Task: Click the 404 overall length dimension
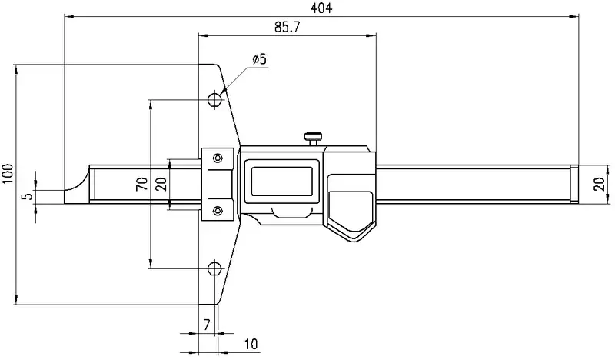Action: (x=321, y=8)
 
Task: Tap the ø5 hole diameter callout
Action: (x=259, y=59)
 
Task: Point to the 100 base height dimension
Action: (x=8, y=173)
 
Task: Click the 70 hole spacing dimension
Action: (x=142, y=184)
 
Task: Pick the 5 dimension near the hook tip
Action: (x=29, y=195)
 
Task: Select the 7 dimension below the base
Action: (x=207, y=325)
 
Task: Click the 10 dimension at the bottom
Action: (x=251, y=344)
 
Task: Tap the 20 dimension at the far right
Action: (x=600, y=184)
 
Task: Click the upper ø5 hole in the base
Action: (x=214, y=99)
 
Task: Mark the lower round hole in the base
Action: (x=214, y=268)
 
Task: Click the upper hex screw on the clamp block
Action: (x=218, y=158)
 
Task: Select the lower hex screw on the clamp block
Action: (x=218, y=211)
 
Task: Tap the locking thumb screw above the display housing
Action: (x=313, y=138)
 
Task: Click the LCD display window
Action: (x=281, y=181)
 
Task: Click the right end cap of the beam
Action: (x=574, y=184)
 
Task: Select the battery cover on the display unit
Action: (x=351, y=203)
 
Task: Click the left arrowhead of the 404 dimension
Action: (x=69, y=16)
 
